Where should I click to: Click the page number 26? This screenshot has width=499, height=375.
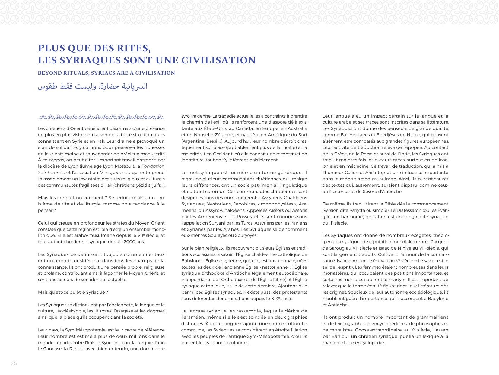pos(14,364)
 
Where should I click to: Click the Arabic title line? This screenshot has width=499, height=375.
pos(93,86)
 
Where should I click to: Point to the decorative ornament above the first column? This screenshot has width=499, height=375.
pos(101,116)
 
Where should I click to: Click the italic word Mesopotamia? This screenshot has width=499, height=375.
pos(115,173)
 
